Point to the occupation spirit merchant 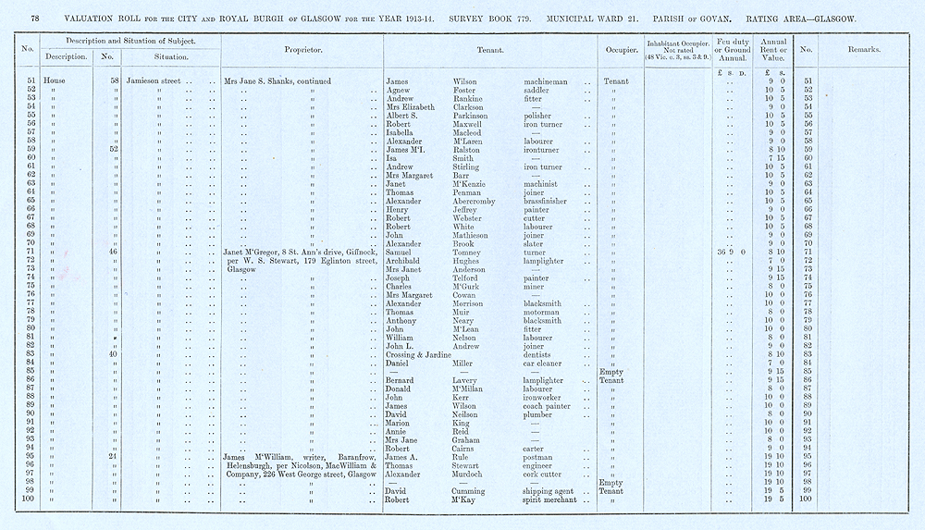[549, 499]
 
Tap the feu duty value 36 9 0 [731, 252]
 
